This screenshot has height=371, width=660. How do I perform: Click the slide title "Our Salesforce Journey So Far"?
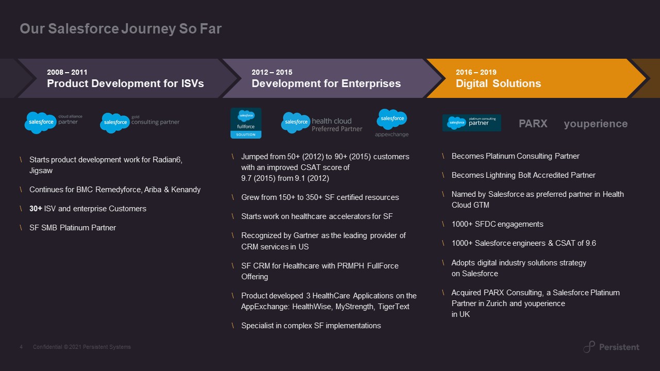120,29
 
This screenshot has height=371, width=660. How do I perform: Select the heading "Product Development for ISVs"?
125,83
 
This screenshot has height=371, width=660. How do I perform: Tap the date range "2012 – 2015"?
272,72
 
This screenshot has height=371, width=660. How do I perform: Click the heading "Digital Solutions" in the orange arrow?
498,83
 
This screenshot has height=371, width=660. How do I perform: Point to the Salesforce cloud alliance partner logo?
53,122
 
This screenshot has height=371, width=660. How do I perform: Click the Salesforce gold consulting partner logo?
140,123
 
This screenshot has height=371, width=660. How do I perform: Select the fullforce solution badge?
246,123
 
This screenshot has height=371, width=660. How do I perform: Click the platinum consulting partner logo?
471,123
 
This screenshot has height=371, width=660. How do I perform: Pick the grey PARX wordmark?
533,124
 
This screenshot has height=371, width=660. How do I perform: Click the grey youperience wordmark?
596,124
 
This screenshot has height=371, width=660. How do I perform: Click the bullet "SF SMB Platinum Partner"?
73,228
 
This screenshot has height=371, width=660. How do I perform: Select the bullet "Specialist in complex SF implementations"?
311,326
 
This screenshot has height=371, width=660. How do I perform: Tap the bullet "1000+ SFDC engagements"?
497,224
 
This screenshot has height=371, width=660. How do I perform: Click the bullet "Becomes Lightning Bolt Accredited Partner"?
523,175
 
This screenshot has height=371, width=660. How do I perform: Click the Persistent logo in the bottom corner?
611,347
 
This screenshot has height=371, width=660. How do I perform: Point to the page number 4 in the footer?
21,347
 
